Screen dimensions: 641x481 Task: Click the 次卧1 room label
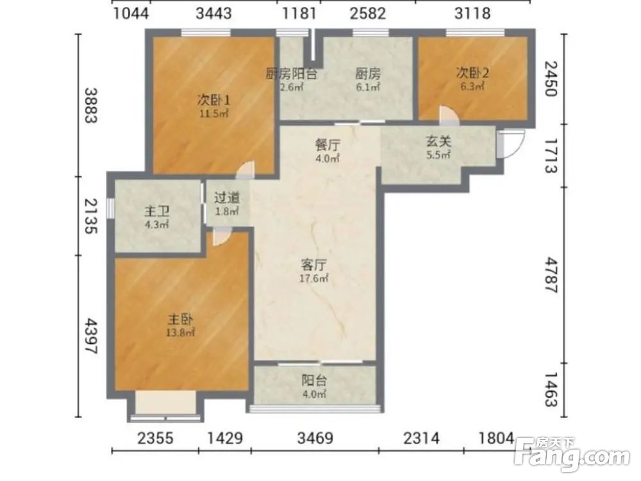point(213,99)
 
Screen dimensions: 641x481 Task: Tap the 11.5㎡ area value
point(213,114)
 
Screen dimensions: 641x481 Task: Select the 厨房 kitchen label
point(367,74)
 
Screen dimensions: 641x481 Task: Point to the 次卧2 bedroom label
point(472,73)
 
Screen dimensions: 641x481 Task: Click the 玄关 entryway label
point(438,142)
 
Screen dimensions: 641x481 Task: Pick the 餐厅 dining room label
point(328,145)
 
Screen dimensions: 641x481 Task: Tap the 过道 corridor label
point(227,198)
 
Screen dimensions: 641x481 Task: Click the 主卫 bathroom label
point(156,212)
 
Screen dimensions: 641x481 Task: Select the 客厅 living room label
point(314,265)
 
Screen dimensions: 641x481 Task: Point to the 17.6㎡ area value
point(314,279)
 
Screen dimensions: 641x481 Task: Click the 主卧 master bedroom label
point(180,319)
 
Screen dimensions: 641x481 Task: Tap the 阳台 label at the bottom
point(314,380)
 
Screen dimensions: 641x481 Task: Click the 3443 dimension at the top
point(213,13)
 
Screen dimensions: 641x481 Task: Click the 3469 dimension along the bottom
point(315,439)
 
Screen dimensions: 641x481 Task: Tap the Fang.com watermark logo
point(572,454)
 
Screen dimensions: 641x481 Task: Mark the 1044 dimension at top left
point(131,13)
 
